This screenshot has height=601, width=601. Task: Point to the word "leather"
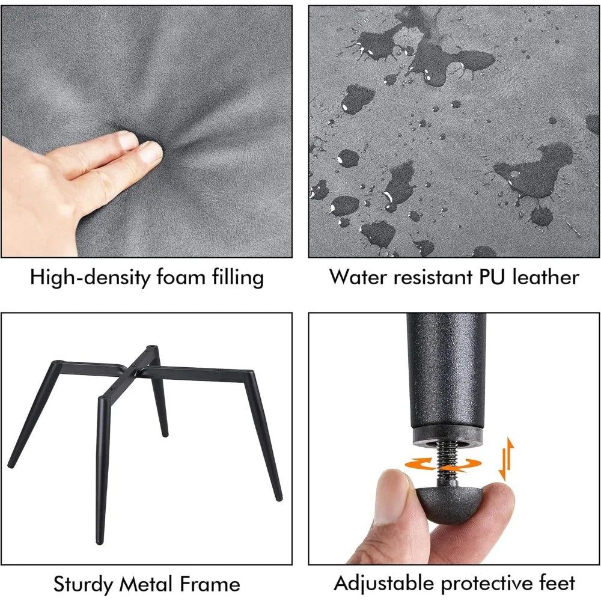tap(546, 276)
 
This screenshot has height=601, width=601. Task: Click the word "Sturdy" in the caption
tap(83, 585)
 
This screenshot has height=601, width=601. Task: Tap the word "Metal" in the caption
tap(145, 584)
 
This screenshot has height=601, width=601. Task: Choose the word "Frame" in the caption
tap(210, 584)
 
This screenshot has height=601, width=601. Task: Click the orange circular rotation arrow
tap(443, 464)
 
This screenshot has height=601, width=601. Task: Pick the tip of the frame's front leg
tap(99, 541)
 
